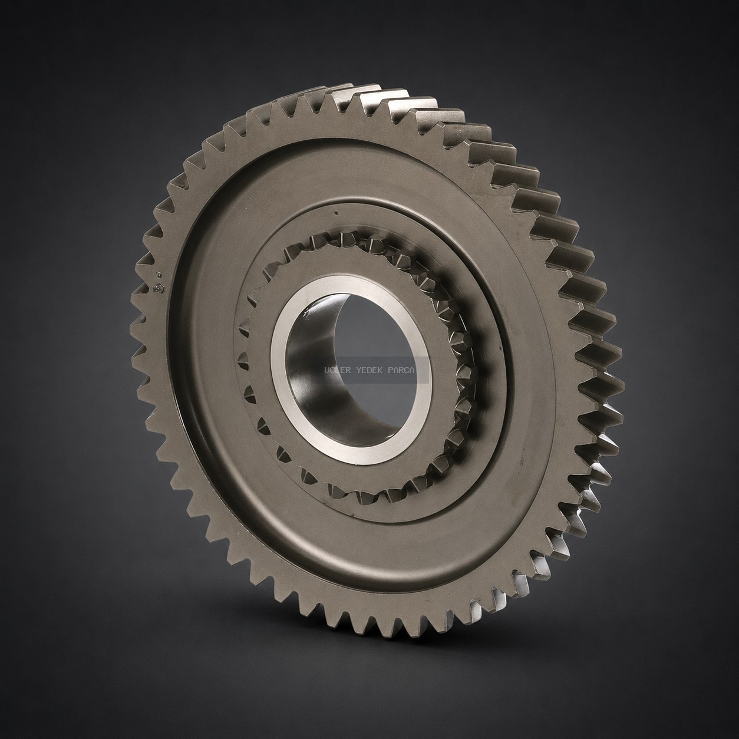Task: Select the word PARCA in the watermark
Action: pos(401,371)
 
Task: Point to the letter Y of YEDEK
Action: pos(359,371)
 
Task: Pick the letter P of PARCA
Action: pos(391,371)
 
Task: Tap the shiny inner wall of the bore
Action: pos(311,376)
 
